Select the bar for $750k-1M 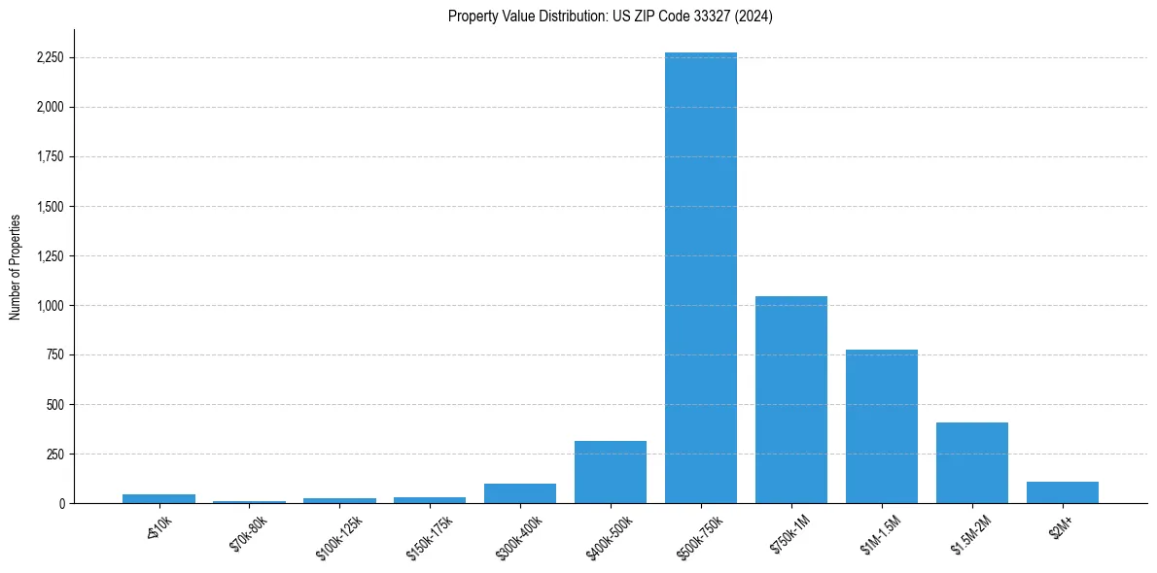tap(790, 399)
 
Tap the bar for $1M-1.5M tap(881, 426)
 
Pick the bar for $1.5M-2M tap(971, 462)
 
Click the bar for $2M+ tap(1062, 492)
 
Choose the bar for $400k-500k tap(610, 472)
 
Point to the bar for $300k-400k tap(519, 493)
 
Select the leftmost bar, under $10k tap(158, 498)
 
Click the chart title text tap(610, 17)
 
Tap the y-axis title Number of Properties tap(16, 266)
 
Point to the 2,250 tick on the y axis tap(49, 57)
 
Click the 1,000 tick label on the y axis tap(49, 305)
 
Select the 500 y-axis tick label tap(55, 404)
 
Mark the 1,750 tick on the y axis tap(49, 156)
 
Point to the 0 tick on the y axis tap(62, 503)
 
